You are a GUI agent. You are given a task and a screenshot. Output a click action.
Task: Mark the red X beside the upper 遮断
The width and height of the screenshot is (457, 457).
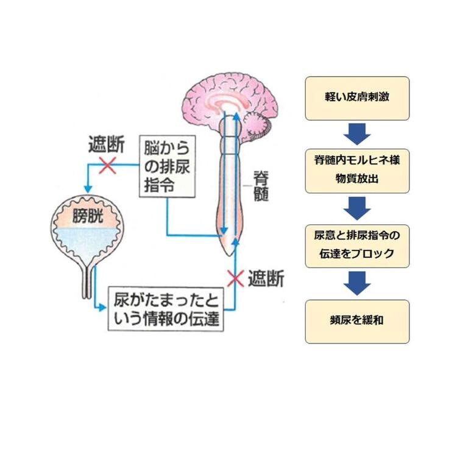[107, 165]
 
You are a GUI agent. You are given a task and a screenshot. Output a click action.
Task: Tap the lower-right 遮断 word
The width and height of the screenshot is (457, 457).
[265, 279]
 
